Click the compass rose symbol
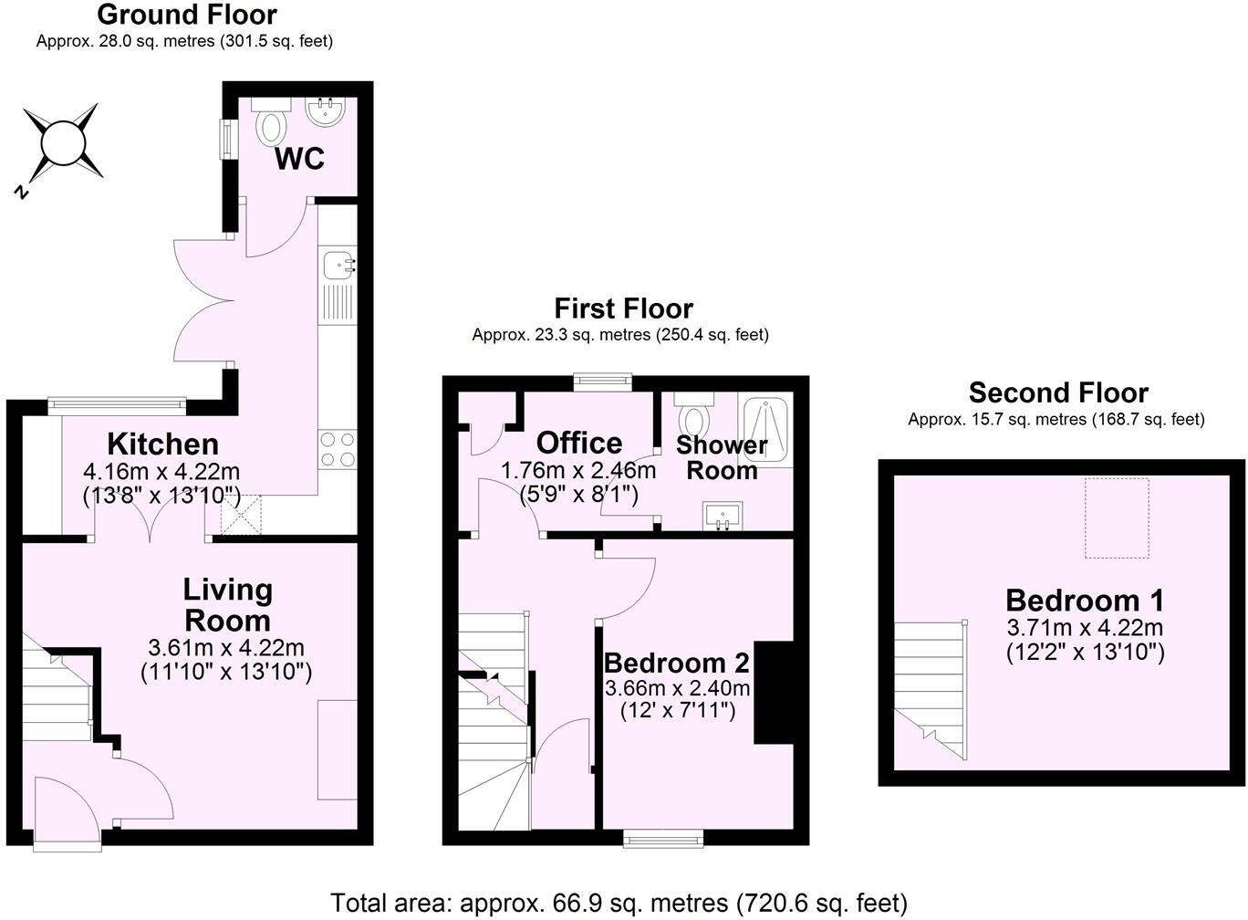(62, 144)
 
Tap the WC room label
(299, 159)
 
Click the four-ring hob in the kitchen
(337, 450)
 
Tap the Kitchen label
(162, 444)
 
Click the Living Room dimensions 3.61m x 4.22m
(226, 648)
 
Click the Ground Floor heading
(186, 15)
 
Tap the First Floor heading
(623, 308)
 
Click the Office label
(578, 443)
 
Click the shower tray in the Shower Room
(768, 429)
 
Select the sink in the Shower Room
(723, 516)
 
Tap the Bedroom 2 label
(676, 663)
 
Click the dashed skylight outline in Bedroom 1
(1116, 517)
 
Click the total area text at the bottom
(619, 903)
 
